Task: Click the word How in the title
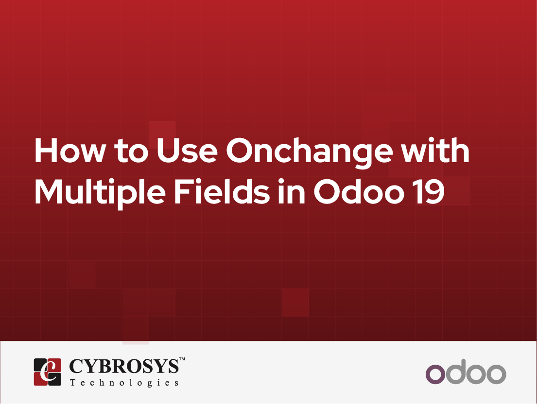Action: [69, 151]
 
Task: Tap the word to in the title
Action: [129, 152]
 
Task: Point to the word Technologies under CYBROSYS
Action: [124, 383]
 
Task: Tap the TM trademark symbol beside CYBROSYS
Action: [182, 359]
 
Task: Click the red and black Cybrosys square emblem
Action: [48, 372]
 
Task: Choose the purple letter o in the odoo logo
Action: [435, 374]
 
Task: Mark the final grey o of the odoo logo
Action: [496, 374]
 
